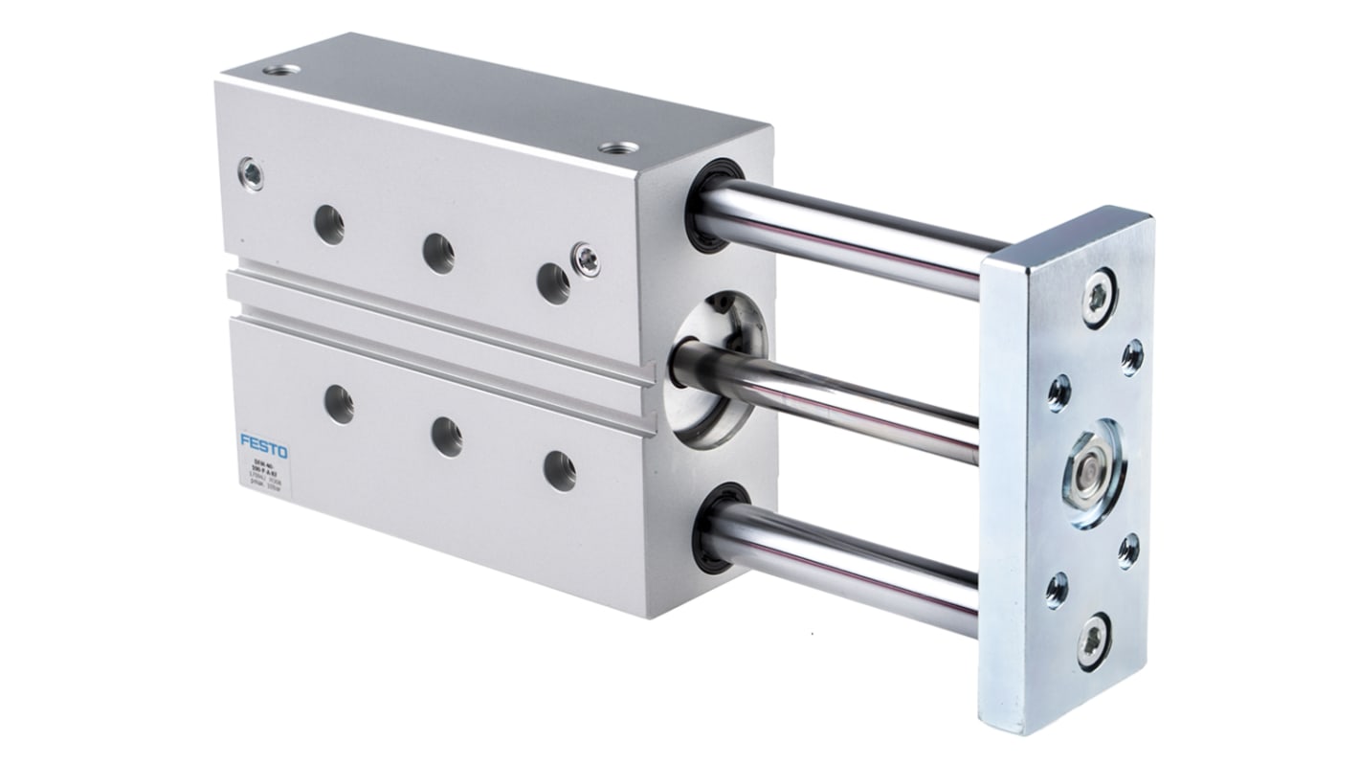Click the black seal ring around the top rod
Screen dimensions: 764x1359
click(x=705, y=205)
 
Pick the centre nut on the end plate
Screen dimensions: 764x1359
click(x=1090, y=474)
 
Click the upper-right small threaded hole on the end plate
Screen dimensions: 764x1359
click(x=1131, y=356)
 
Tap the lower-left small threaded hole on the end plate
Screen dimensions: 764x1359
click(x=1056, y=589)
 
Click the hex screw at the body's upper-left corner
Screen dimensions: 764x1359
click(x=252, y=173)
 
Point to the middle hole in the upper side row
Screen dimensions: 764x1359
click(x=438, y=253)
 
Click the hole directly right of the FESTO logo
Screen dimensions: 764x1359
click(x=339, y=402)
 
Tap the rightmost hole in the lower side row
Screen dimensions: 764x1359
click(x=559, y=470)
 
